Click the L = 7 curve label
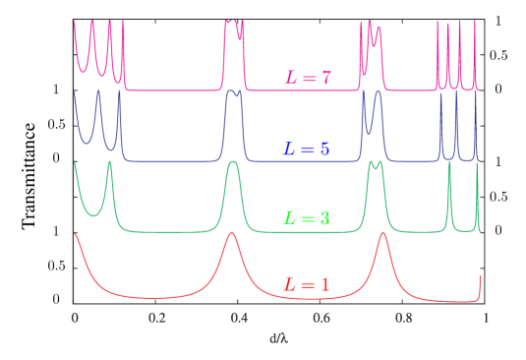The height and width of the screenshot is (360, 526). point(308,78)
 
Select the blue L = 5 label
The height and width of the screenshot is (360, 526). point(307,150)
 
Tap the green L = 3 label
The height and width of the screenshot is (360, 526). point(307,218)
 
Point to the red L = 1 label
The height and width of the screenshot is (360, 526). point(307,284)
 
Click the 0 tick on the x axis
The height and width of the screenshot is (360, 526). point(75,319)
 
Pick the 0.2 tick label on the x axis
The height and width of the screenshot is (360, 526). point(156,319)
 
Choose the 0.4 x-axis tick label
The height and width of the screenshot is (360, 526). point(239,319)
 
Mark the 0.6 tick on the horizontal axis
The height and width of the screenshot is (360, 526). point(321,319)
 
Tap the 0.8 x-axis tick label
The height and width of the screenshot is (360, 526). point(403,319)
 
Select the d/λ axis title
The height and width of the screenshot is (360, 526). point(279,338)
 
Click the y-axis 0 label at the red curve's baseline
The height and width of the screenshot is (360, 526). point(56,299)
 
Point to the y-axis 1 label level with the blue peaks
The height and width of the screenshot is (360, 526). point(56,90)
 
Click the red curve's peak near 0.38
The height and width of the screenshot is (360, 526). point(232,233)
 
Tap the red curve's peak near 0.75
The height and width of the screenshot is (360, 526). point(382,234)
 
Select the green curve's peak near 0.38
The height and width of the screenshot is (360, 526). point(233,162)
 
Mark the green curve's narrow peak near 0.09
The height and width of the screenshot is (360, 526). point(109,162)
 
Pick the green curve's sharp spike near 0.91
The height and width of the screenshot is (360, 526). point(449,164)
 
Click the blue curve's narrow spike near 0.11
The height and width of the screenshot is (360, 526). point(119,91)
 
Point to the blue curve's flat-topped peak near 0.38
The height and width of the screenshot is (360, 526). point(233,91)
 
